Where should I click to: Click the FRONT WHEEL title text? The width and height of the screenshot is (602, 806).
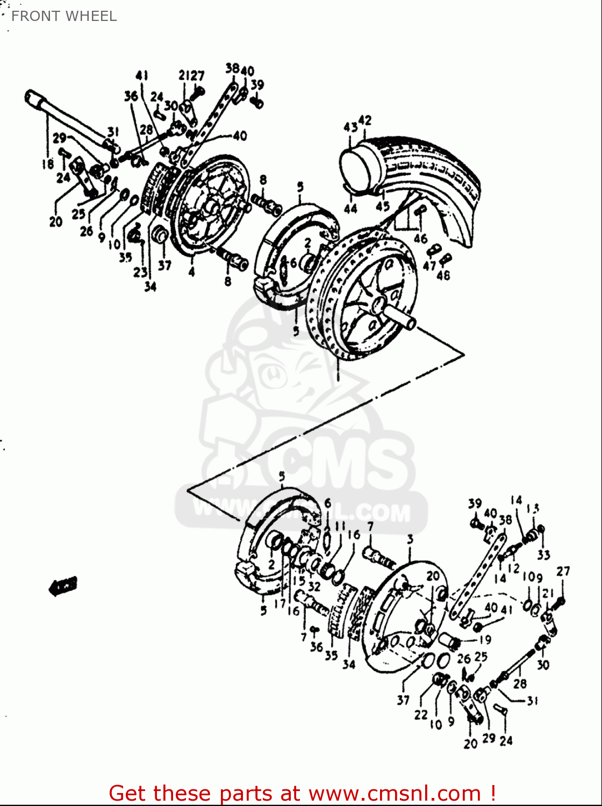[64, 16]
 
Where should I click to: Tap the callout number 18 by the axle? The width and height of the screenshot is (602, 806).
[48, 163]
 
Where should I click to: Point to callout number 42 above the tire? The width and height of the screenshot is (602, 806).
[365, 120]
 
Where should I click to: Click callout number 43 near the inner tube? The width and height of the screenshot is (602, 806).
[350, 127]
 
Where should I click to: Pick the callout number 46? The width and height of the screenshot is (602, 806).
[420, 239]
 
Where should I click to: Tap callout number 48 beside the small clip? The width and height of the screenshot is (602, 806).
[443, 276]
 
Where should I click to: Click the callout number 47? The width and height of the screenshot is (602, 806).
[429, 266]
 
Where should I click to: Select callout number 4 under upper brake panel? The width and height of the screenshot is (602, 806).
[191, 272]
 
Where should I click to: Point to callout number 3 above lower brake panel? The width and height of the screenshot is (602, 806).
[410, 539]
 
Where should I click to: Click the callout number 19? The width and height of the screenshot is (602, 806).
[485, 640]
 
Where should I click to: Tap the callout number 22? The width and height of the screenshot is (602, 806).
[420, 715]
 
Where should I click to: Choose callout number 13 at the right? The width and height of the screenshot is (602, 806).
[533, 508]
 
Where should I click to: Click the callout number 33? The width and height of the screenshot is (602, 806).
[543, 554]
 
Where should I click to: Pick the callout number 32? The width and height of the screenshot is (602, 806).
[314, 586]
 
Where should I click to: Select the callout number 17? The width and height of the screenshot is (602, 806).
[279, 603]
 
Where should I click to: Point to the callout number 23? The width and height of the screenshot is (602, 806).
[140, 272]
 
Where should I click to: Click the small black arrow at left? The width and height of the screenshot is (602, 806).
[63, 586]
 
